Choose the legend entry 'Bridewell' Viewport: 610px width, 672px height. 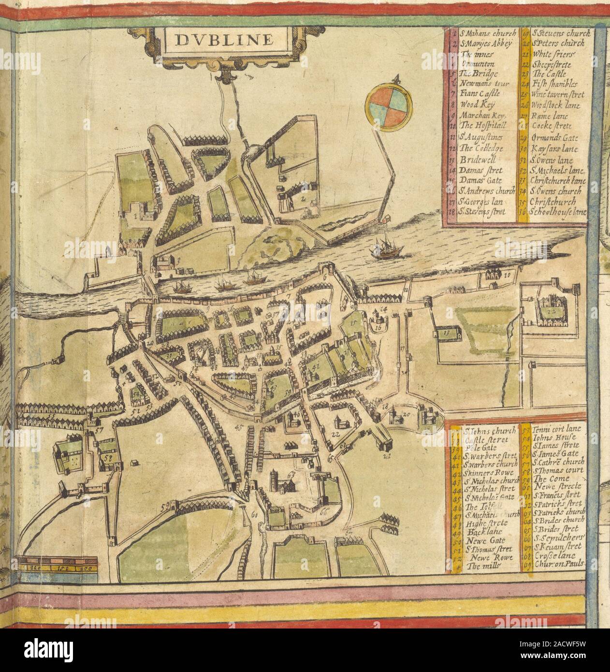point(476,160)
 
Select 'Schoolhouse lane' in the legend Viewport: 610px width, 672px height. point(558,212)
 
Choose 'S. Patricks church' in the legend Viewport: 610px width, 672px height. point(559,512)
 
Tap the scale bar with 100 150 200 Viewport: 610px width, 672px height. point(57,563)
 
